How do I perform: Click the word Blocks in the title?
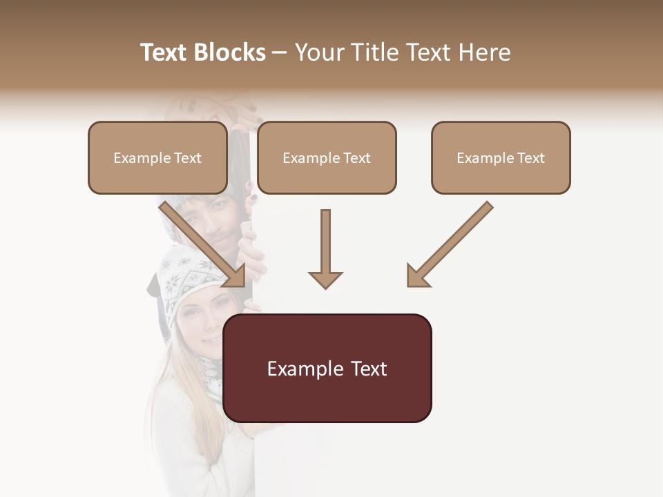(231, 52)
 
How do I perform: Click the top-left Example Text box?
(157, 157)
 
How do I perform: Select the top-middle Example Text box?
(327, 157)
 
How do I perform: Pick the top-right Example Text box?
(501, 157)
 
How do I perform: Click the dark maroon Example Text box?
(327, 368)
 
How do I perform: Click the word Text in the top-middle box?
(356, 158)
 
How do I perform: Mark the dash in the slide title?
(280, 52)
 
